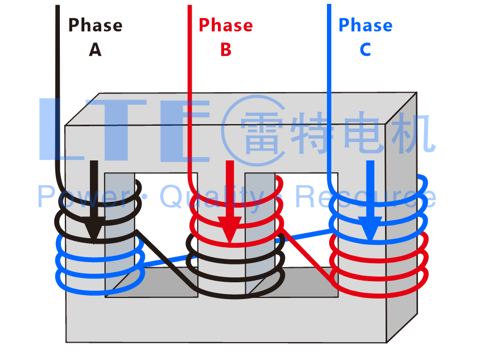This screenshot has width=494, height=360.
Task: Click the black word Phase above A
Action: [x=95, y=26]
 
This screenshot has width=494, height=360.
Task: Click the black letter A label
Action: [x=95, y=50]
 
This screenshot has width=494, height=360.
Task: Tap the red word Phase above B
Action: [x=225, y=26]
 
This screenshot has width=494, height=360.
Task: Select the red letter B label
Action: [x=225, y=50]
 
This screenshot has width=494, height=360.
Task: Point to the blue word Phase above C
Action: [x=365, y=26]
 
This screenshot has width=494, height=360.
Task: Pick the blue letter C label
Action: [x=365, y=50]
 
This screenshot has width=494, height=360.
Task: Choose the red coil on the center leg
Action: [x=235, y=221]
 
